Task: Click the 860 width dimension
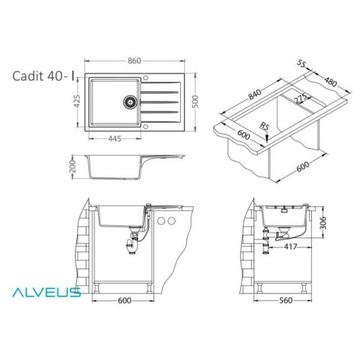point(134,60)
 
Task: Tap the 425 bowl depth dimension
point(77,102)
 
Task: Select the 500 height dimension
point(196,102)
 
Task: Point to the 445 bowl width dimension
point(114,139)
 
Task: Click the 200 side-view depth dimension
point(73,166)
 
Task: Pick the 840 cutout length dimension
point(255,94)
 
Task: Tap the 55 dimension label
point(301,63)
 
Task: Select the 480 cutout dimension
point(330,81)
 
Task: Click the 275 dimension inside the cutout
point(301,98)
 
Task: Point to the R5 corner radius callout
point(264,126)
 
